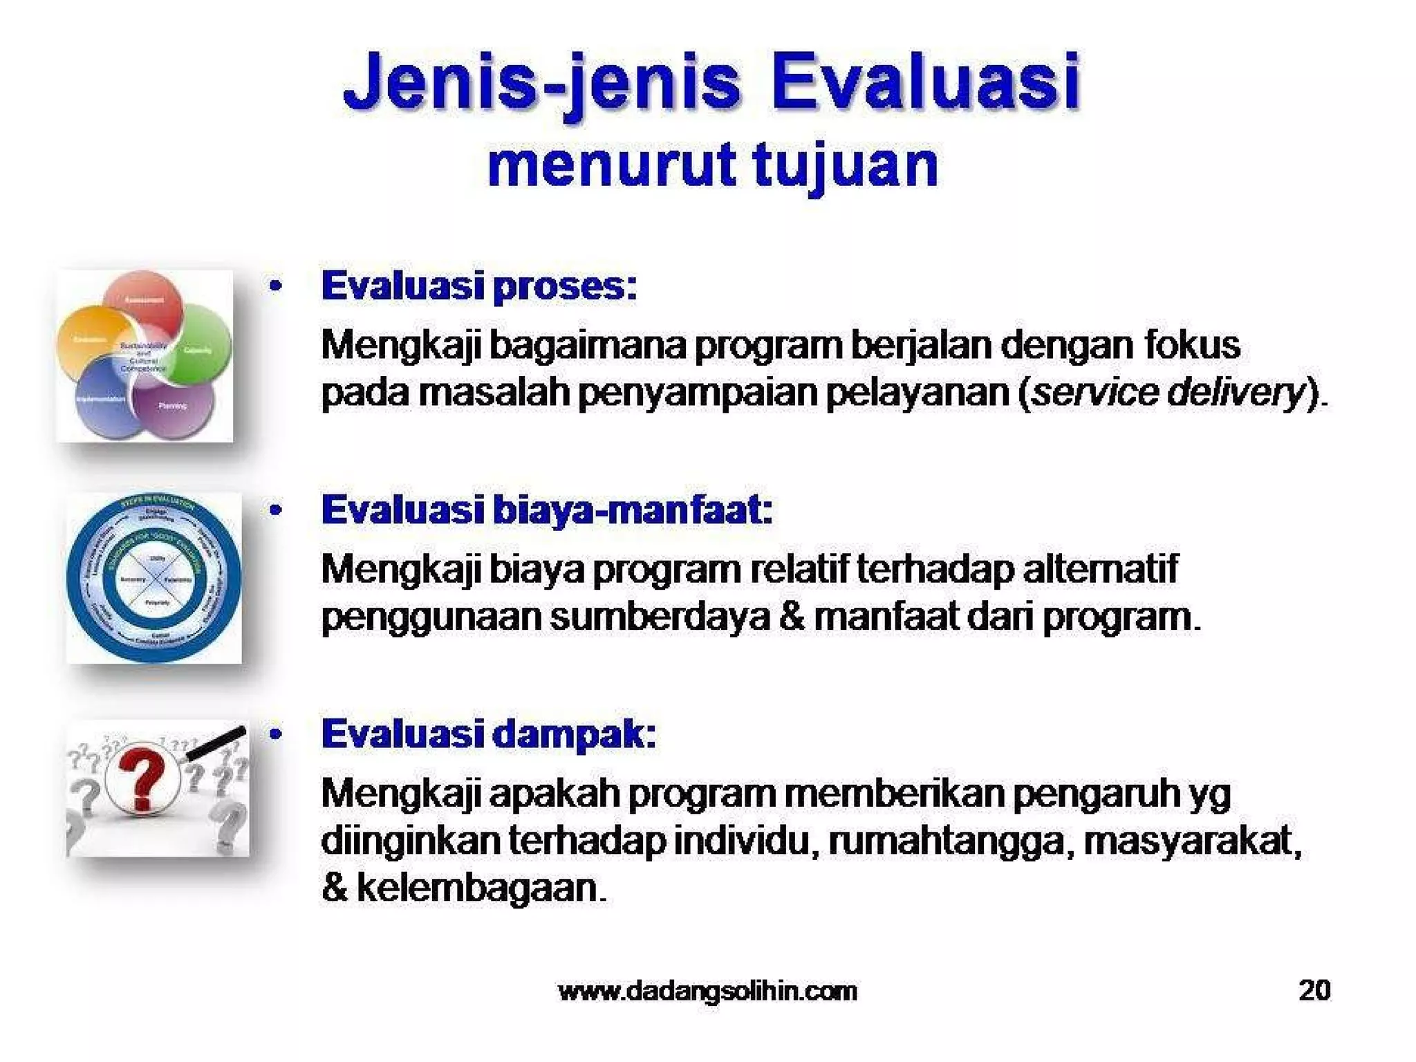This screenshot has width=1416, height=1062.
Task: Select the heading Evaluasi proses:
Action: pos(478,286)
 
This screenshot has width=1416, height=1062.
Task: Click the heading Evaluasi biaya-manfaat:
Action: pos(546,510)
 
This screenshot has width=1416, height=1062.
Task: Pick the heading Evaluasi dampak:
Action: pos(488,734)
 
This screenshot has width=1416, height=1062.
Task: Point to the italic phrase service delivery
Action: pos(1167,392)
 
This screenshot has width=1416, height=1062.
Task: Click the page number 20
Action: pos(1314,990)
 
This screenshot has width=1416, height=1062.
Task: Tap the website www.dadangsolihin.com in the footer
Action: pos(707,991)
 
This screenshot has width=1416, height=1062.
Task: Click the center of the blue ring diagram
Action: pos(153,578)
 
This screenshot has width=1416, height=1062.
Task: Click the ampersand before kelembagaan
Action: pos(334,887)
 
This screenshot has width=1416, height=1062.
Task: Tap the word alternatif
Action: pos(1100,569)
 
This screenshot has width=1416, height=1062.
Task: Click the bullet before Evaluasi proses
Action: pos(276,286)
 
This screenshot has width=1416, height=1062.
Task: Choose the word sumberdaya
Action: pos(660,616)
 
